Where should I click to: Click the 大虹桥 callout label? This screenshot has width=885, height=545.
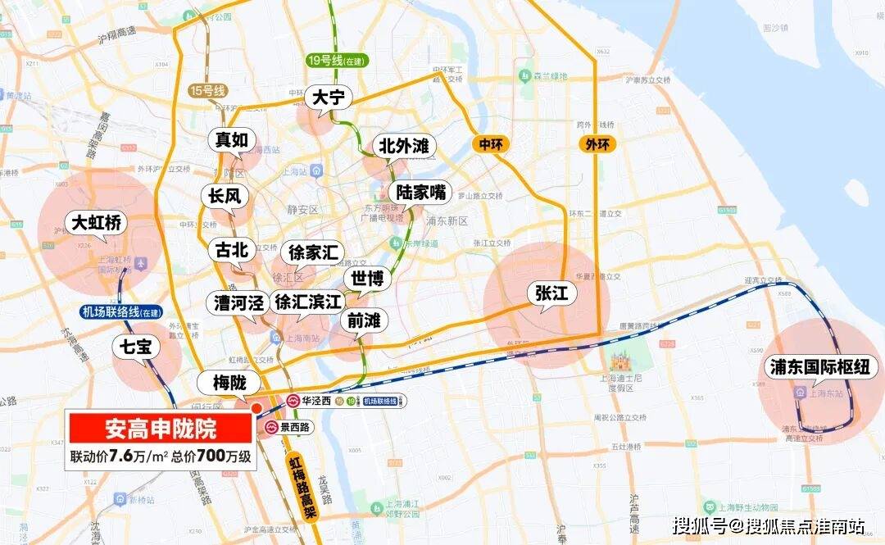[x=96, y=223]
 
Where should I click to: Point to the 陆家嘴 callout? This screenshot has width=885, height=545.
[x=420, y=193]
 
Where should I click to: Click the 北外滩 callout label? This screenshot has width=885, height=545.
[x=403, y=147]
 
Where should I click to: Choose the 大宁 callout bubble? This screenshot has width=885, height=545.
[x=331, y=98]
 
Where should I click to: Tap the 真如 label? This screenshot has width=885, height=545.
[x=231, y=139]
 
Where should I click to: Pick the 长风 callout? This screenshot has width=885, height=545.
[x=224, y=196]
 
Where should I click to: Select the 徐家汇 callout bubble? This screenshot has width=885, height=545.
[x=312, y=252]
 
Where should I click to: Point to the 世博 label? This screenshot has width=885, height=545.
[x=366, y=279]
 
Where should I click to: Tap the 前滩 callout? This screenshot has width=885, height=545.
[x=363, y=321]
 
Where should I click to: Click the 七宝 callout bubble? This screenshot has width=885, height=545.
[x=134, y=347]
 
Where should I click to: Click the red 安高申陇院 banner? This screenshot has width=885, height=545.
[x=160, y=429]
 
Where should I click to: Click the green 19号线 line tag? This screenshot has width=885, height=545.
[x=336, y=61]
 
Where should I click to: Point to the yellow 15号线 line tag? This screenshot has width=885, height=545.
[x=206, y=90]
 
